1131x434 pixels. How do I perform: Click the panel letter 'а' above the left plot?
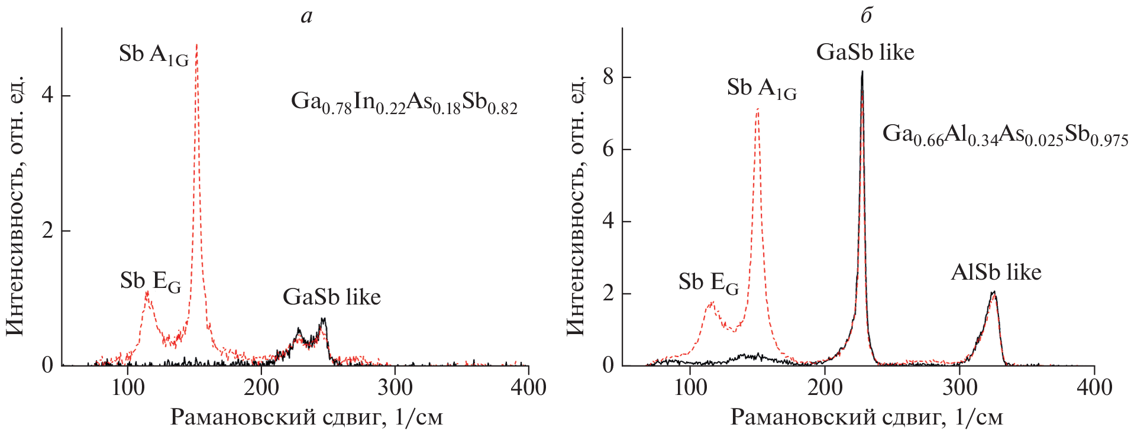tap(306, 16)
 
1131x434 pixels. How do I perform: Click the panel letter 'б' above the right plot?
tap(866, 15)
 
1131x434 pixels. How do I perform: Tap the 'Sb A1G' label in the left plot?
tap(153, 54)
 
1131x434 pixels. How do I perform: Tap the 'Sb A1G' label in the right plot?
tap(761, 88)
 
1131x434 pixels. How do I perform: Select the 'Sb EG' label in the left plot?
tap(150, 281)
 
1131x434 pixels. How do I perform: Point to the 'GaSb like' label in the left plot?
tap(331, 297)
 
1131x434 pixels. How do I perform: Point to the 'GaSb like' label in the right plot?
tap(865, 53)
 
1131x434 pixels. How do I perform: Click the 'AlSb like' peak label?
tap(996, 273)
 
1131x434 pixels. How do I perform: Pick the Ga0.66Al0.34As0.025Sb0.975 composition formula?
tap(1005, 135)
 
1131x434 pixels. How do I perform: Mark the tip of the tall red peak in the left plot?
tap(196, 44)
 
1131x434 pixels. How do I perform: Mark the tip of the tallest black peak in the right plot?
tap(862, 72)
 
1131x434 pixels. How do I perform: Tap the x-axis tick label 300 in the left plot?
tap(395, 387)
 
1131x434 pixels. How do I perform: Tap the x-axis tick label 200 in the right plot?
tap(825, 387)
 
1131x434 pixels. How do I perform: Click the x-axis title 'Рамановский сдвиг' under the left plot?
tap(306, 417)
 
